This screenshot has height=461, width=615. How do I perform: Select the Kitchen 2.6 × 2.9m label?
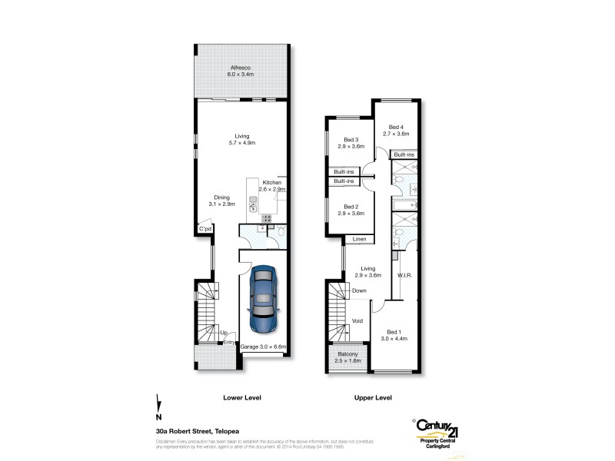(x=271, y=185)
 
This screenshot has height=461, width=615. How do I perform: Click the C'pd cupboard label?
(x=204, y=229)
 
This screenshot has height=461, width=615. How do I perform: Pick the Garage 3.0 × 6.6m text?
(x=263, y=347)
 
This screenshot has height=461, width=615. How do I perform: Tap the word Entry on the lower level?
(x=229, y=342)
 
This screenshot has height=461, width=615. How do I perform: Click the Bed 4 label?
(x=396, y=130)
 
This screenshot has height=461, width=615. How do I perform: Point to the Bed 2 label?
(x=351, y=210)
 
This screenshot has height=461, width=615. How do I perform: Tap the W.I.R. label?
(x=405, y=275)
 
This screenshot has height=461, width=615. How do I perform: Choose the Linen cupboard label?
(x=359, y=240)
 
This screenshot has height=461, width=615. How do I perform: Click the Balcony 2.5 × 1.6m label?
(x=347, y=357)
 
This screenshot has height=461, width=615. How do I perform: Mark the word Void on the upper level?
(x=357, y=320)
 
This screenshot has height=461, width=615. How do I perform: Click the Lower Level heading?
(x=241, y=397)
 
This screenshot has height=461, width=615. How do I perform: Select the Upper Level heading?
(x=373, y=397)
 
